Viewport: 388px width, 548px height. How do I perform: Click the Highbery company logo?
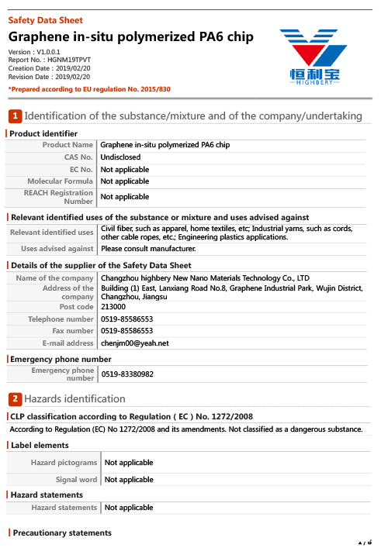point(314,56)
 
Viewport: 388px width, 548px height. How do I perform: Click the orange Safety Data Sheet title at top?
point(45,20)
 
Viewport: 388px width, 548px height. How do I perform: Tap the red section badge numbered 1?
point(15,116)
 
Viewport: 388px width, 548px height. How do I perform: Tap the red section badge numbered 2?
point(15,398)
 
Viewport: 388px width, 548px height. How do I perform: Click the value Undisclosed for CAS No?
point(120,157)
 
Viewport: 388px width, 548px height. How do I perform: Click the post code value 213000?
point(113,307)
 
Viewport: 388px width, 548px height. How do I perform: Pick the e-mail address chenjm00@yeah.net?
point(134,343)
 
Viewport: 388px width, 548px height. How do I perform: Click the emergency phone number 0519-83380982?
point(127,374)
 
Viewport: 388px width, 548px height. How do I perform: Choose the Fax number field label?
point(70,331)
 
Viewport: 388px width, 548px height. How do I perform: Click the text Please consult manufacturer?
point(148,249)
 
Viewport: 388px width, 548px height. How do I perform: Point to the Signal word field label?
point(76,480)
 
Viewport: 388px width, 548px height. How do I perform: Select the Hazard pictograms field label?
point(64,463)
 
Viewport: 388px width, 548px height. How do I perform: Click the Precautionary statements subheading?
point(62,533)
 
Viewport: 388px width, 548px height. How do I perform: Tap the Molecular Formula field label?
point(60,181)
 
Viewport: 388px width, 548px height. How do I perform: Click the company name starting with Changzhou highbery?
point(205,277)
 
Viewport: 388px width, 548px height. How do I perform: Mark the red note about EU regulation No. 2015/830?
point(89,90)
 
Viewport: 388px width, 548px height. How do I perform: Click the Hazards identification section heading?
point(74,398)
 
